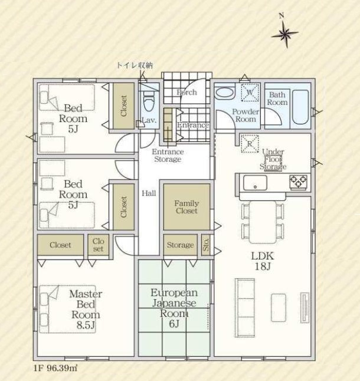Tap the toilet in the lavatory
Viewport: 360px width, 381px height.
click(x=149, y=101)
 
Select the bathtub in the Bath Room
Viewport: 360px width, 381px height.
click(x=300, y=107)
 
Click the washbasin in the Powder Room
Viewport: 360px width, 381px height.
click(x=225, y=93)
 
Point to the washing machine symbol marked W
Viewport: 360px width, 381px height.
click(x=250, y=93)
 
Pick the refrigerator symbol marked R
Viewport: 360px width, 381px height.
click(x=250, y=144)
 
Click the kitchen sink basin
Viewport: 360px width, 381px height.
click(x=255, y=183)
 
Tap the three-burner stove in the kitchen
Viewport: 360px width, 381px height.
click(x=298, y=182)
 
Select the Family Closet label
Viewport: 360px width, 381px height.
click(x=186, y=207)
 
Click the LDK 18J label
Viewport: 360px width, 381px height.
click(x=262, y=261)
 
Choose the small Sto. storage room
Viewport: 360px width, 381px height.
click(x=205, y=245)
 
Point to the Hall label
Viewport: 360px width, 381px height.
click(x=149, y=193)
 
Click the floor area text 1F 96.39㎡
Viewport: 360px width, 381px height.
click(x=55, y=368)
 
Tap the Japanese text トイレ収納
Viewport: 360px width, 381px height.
click(x=135, y=65)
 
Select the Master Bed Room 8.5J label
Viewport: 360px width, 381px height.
click(x=86, y=309)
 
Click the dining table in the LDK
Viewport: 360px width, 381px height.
click(x=263, y=222)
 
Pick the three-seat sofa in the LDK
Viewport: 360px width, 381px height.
click(x=245, y=308)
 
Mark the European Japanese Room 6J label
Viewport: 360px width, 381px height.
click(x=174, y=308)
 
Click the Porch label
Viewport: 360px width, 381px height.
click(x=186, y=93)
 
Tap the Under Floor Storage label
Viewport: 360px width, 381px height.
click(x=273, y=159)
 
